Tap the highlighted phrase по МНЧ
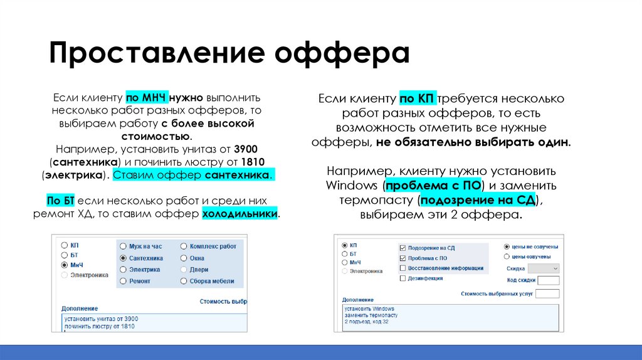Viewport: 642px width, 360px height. pos(145,98)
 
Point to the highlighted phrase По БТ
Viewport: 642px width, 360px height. pos(61,201)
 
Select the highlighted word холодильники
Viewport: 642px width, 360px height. pos(240,214)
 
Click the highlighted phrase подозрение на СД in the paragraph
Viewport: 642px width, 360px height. pos(480,201)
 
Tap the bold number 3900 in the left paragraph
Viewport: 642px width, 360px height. pos(245,149)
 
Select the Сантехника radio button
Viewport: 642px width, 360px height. pos(124,258)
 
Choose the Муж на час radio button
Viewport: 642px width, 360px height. pos(124,246)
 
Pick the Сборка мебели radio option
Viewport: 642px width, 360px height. pos(184,281)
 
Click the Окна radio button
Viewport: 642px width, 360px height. pos(184,258)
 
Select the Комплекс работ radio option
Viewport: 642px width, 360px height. pos(184,246)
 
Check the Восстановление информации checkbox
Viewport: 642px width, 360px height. pos(402,268)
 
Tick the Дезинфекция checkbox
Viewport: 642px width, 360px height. pos(402,278)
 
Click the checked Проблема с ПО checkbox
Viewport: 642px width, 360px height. pos(402,258)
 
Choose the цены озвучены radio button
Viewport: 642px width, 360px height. pos(507,257)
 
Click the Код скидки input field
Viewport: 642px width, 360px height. pos(548,280)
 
